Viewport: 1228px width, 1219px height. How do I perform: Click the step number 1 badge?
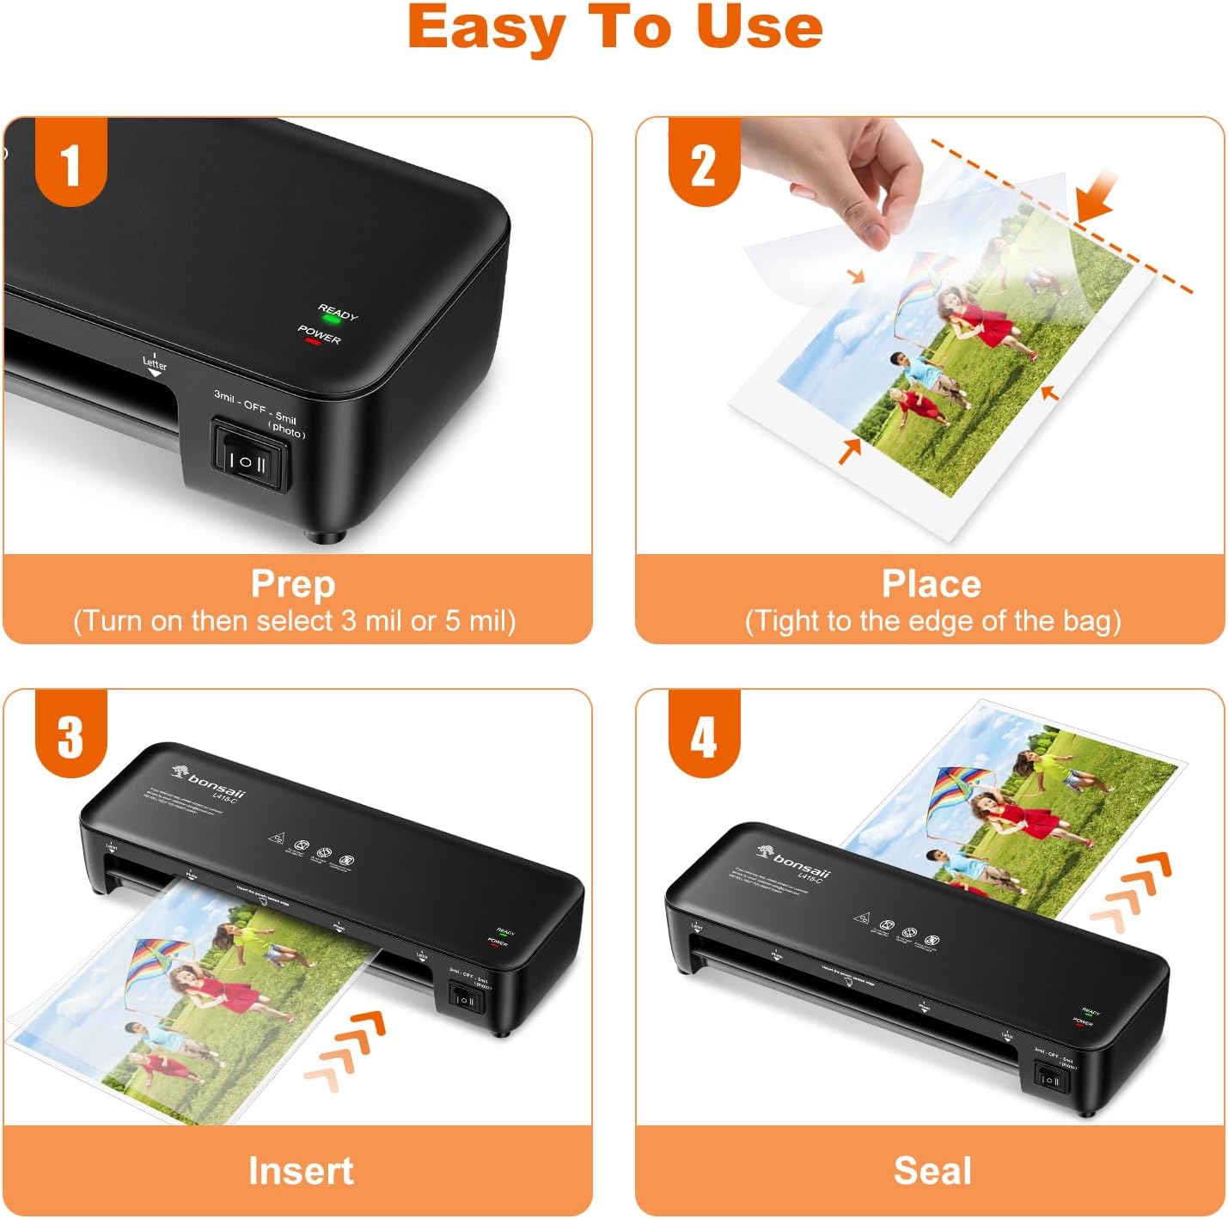coord(70,163)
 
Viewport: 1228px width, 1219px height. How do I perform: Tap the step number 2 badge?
coord(704,163)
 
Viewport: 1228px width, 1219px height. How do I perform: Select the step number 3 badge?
coord(70,734)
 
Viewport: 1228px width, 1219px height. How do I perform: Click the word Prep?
coord(293,584)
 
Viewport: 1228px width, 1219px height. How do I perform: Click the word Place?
coord(932,584)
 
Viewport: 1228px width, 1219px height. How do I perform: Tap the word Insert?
coord(301,1171)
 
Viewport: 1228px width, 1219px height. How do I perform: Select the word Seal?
coord(932,1171)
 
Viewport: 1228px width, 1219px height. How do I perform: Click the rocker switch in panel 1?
coord(250,458)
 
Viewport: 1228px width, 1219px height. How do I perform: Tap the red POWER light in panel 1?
coord(313,342)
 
